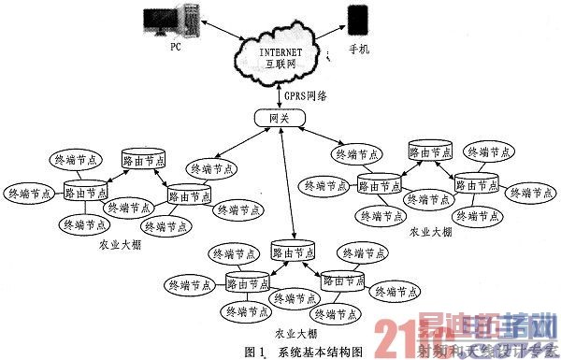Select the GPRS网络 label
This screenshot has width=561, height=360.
[304, 95]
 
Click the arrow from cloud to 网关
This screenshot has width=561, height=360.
[279, 92]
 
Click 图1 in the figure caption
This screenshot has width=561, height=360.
[255, 353]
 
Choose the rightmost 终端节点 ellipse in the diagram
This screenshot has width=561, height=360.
[528, 193]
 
